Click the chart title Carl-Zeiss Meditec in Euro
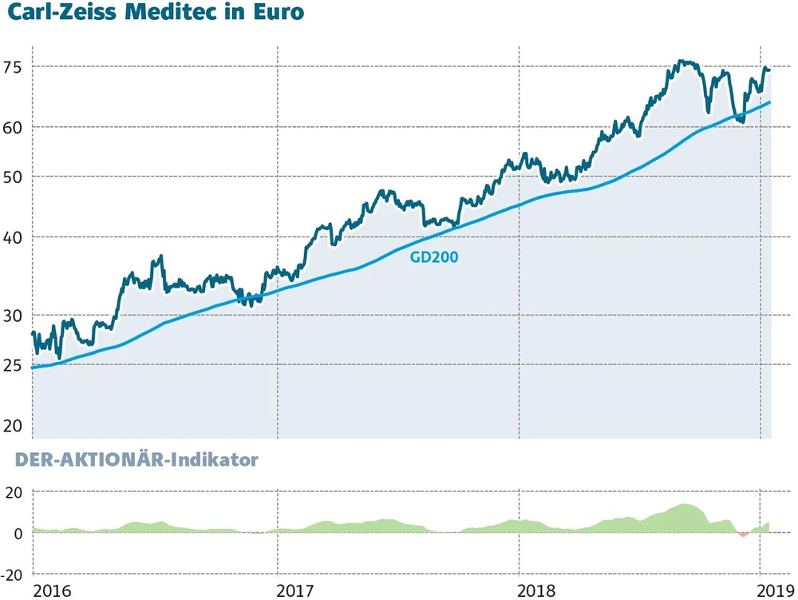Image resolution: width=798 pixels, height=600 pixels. [x=156, y=14]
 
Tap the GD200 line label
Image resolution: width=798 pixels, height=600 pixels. [x=434, y=257]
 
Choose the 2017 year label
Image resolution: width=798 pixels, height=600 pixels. [x=294, y=592]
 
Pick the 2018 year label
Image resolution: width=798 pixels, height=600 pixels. [x=537, y=592]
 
